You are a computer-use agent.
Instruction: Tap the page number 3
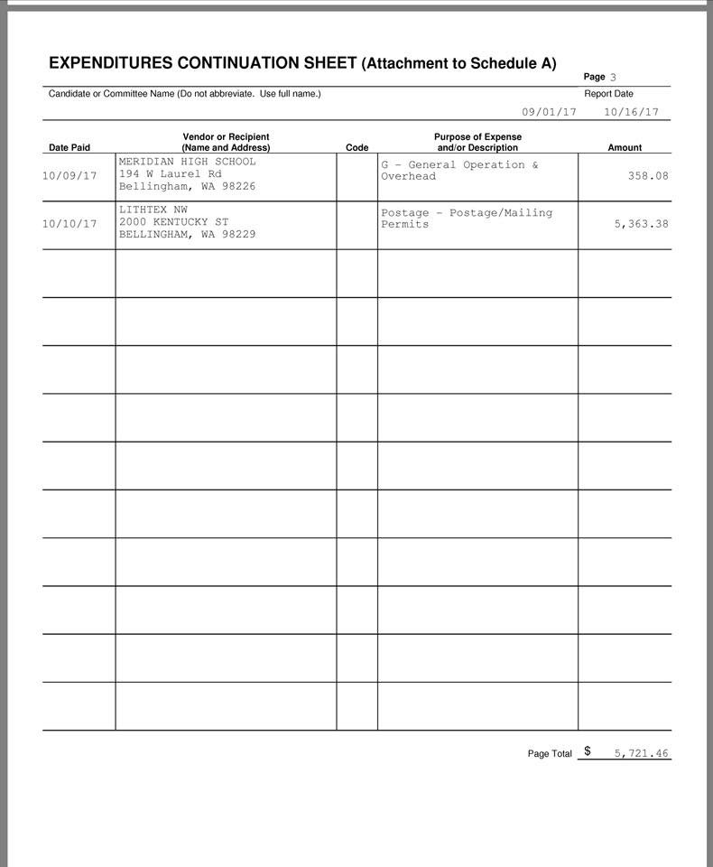[x=613, y=78]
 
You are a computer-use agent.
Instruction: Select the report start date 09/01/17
[x=549, y=113]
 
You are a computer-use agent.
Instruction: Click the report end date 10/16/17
[x=631, y=113]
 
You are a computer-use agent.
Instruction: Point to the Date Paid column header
[x=69, y=147]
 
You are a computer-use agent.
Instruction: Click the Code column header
[x=356, y=147]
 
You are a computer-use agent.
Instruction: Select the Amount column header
[x=625, y=147]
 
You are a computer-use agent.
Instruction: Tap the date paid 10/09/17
[x=69, y=176]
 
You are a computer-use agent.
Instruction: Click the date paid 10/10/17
[x=69, y=224]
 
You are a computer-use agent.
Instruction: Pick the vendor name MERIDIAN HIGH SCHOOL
[x=187, y=162]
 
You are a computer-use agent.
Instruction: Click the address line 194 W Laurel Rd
[x=170, y=173]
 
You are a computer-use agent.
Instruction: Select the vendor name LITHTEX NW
[x=153, y=210]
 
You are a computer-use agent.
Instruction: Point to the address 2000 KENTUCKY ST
[x=173, y=221]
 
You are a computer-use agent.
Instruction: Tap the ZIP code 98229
[x=238, y=234]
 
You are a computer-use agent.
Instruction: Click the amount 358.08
[x=648, y=176]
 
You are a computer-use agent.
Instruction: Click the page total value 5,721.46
[x=641, y=753]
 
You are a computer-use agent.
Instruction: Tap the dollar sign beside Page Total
[x=588, y=750]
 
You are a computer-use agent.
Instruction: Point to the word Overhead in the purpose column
[x=408, y=176]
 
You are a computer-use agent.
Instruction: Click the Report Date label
[x=608, y=94]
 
